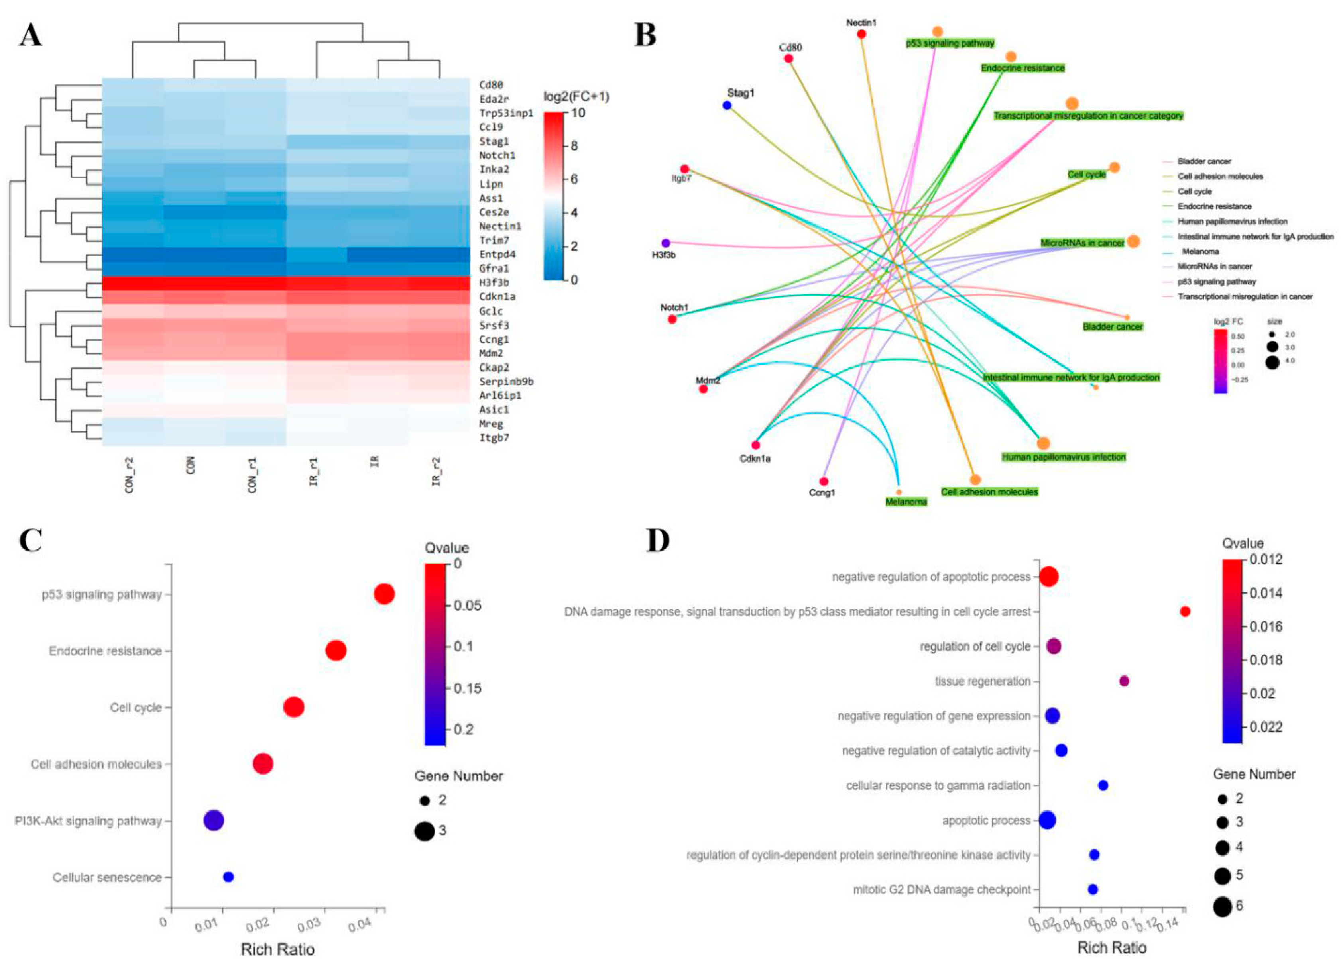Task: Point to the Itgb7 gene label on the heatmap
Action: (494, 438)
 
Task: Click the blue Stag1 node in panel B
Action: (727, 105)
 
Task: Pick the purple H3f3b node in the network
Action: (666, 243)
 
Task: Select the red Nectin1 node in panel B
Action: (861, 34)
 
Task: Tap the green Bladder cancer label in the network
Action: (1113, 326)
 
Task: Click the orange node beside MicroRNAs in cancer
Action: (1133, 241)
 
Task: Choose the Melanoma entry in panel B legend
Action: (1200, 251)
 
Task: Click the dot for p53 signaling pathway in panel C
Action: (384, 594)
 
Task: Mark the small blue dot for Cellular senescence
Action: (228, 877)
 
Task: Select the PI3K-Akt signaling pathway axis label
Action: (88, 821)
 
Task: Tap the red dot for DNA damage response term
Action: (1184, 612)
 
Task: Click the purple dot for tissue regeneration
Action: (1124, 681)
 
